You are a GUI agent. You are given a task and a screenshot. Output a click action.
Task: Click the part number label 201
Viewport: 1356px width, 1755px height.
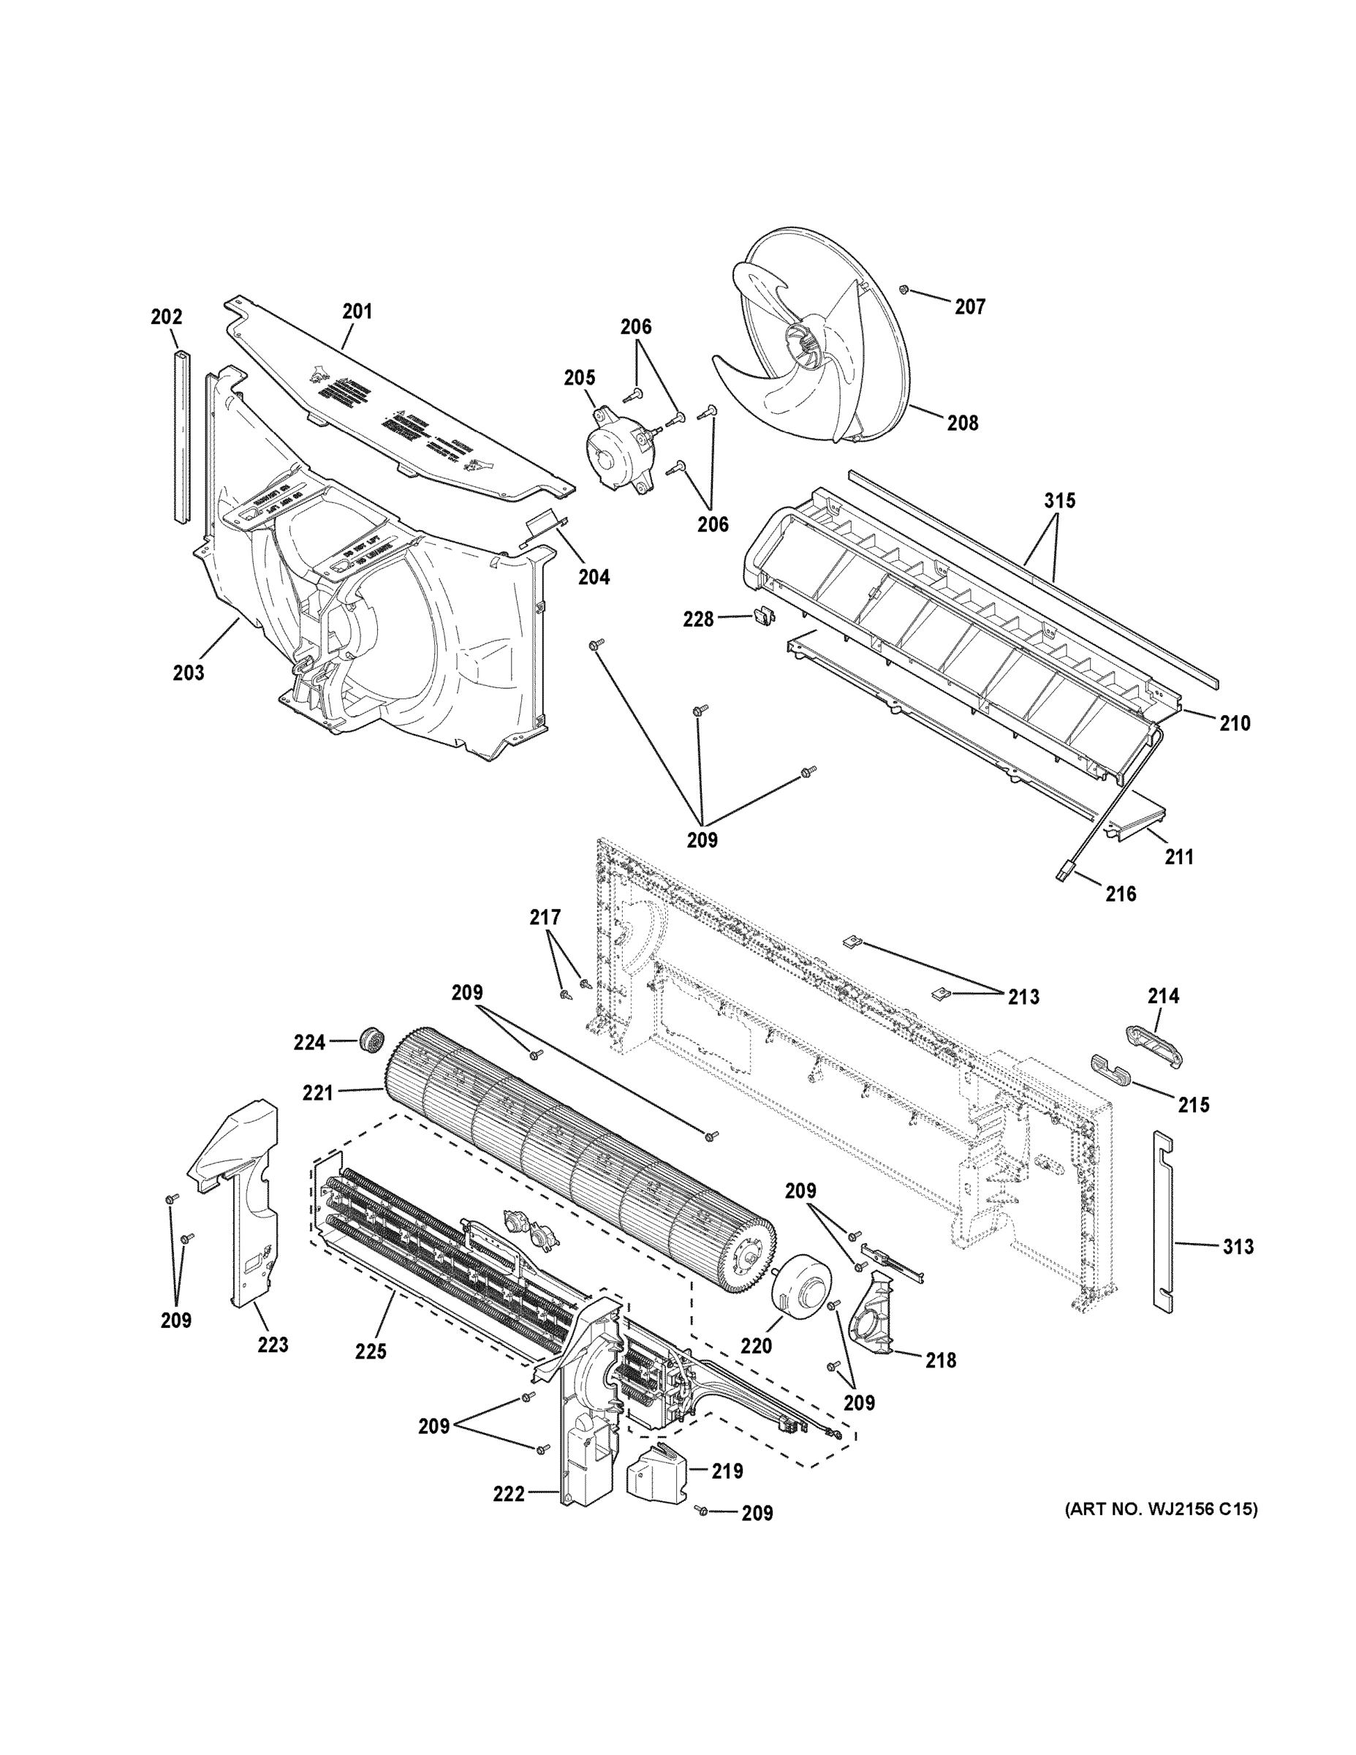tap(357, 311)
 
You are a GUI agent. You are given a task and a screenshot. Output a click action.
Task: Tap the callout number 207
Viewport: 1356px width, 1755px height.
tap(969, 306)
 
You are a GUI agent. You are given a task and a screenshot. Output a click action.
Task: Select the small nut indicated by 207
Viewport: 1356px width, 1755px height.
tap(904, 289)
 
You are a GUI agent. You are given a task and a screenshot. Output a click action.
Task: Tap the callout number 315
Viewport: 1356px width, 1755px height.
tap(1059, 501)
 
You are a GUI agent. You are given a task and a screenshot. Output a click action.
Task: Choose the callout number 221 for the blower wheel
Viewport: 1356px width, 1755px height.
tap(317, 1093)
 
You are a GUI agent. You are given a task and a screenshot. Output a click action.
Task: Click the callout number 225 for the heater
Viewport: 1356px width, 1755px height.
tap(371, 1351)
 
